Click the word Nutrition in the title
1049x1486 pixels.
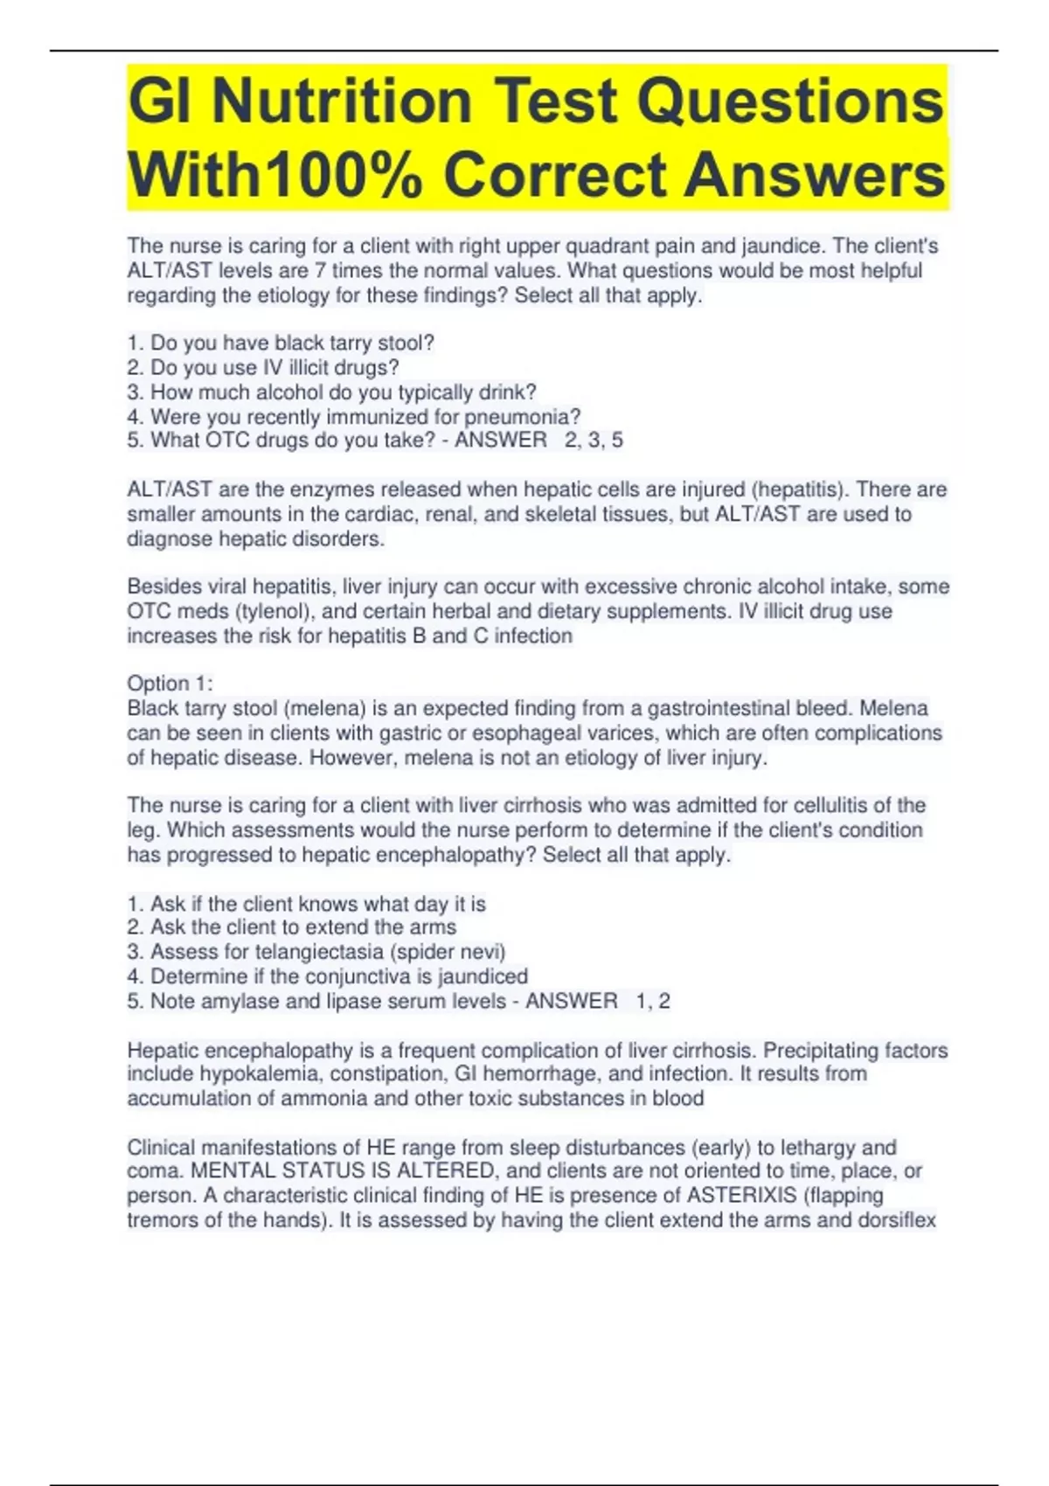341,102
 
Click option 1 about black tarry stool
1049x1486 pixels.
281,344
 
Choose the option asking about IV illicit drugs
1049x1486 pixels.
263,368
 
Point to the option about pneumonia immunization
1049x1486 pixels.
353,417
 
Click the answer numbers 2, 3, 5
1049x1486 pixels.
594,441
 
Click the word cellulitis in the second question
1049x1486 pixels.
832,805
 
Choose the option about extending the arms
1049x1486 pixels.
291,927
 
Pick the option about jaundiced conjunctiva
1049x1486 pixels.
327,976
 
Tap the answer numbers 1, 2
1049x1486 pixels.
653,1002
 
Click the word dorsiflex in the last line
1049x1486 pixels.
896,1220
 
